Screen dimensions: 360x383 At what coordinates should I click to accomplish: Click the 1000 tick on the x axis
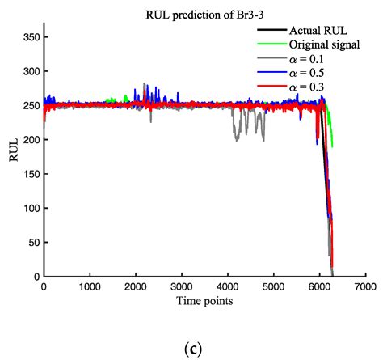90,287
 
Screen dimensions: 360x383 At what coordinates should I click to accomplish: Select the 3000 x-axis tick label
182,287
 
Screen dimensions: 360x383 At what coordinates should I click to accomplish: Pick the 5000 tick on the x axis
274,287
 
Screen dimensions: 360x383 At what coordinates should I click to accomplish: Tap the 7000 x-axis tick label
366,287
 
